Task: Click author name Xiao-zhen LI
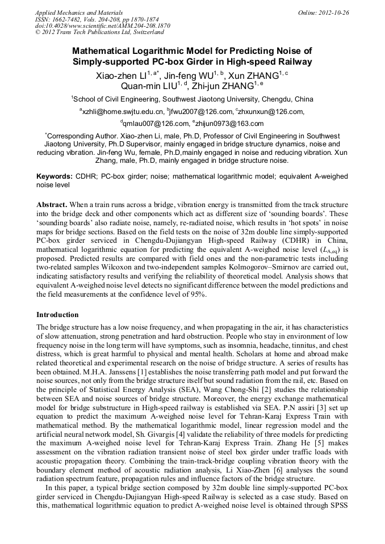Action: [121, 75]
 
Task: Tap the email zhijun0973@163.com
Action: [231, 124]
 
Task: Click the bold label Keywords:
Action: [55, 176]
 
